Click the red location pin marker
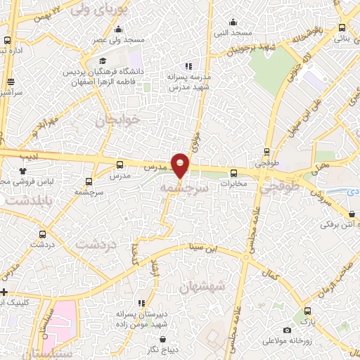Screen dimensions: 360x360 [181, 165]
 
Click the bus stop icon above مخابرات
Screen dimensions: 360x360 [234, 172]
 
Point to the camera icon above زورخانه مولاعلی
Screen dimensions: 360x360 [286, 330]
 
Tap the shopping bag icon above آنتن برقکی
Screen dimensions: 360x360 [351, 214]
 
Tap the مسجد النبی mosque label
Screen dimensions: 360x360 [233, 33]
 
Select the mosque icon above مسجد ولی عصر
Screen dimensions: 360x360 [118, 29]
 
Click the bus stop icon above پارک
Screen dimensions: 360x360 [307, 310]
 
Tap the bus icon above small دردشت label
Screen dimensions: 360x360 [44, 234]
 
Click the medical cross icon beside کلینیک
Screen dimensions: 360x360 [4, 292]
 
